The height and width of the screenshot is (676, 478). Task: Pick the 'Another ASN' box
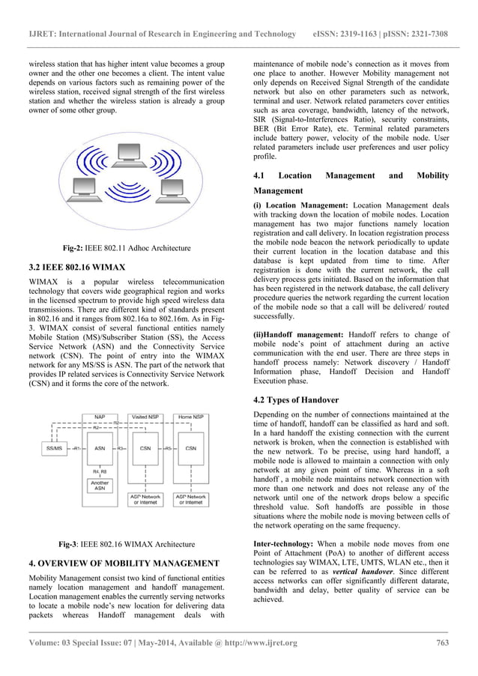click(x=100, y=485)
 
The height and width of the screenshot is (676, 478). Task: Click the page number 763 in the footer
click(x=441, y=642)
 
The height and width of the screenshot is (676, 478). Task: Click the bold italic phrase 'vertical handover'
click(x=355, y=569)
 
